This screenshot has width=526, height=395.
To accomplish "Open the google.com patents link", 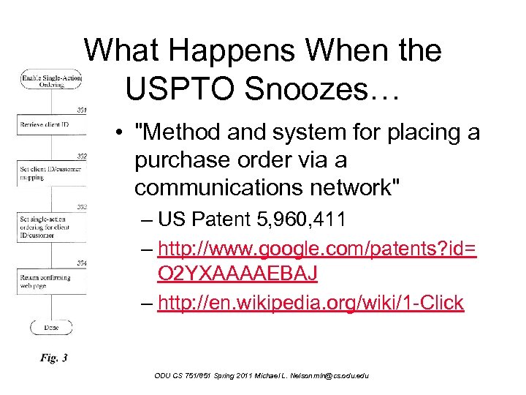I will [x=317, y=260].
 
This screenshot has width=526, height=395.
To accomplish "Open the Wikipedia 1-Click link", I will [x=310, y=303].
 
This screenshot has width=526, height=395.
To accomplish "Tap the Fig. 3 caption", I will [x=54, y=358].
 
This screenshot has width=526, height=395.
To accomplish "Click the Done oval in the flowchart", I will [x=52, y=327].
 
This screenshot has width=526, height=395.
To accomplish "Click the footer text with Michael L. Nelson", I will [x=262, y=375].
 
